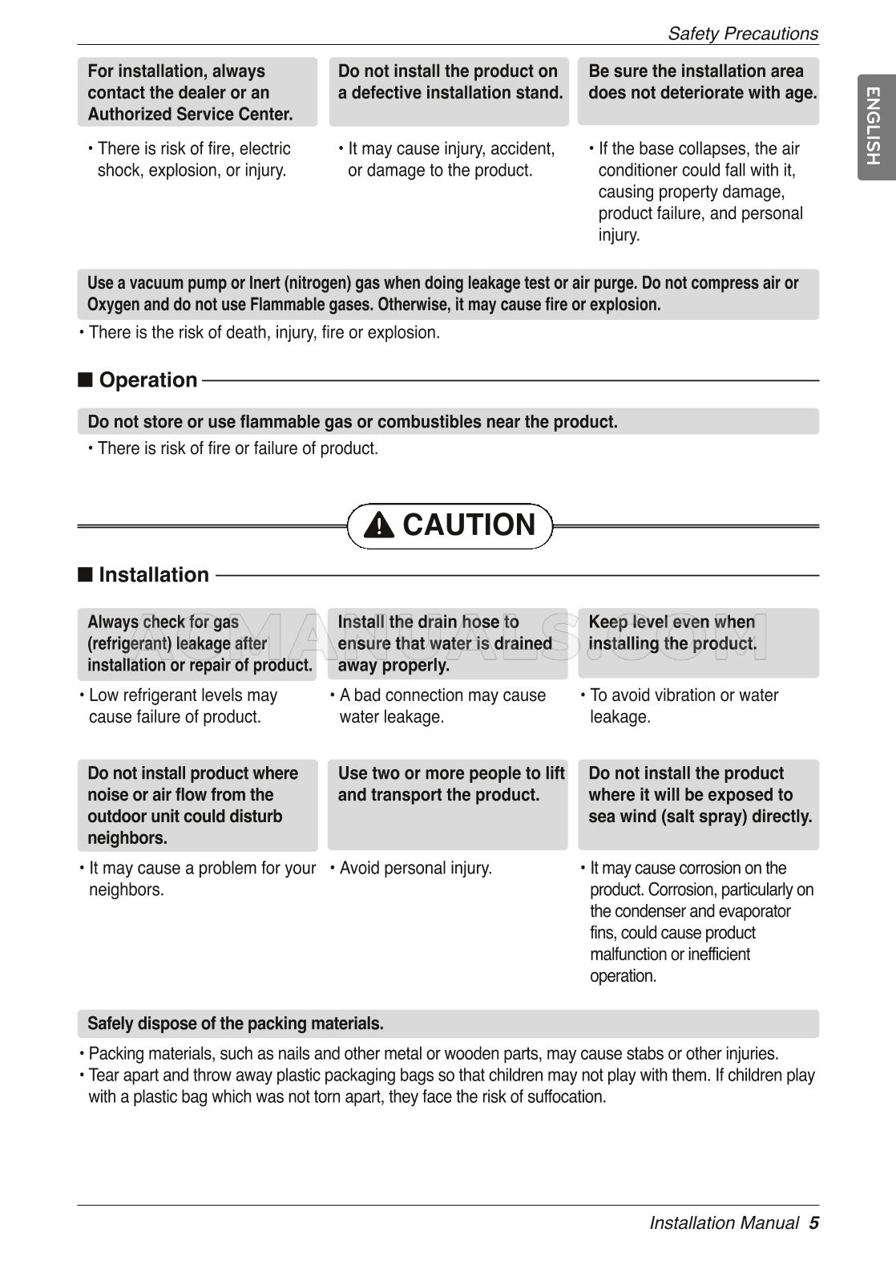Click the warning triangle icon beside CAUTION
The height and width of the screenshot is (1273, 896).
(378, 525)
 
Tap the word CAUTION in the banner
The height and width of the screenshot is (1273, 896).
(469, 525)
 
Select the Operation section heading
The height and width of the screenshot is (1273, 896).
(147, 380)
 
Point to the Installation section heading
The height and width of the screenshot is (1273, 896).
(153, 575)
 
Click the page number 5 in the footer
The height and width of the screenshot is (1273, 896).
(813, 1222)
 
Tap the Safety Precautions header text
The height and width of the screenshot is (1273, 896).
(742, 34)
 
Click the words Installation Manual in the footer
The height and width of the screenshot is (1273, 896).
(724, 1222)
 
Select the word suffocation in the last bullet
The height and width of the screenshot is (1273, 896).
(566, 1097)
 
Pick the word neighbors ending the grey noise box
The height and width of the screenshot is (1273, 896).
(127, 838)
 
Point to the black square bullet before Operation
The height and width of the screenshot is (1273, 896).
(85, 380)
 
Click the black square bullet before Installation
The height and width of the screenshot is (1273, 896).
(85, 575)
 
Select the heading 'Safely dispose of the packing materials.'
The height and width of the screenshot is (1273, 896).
(236, 1024)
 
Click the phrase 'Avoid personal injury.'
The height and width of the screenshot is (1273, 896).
(415, 868)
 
